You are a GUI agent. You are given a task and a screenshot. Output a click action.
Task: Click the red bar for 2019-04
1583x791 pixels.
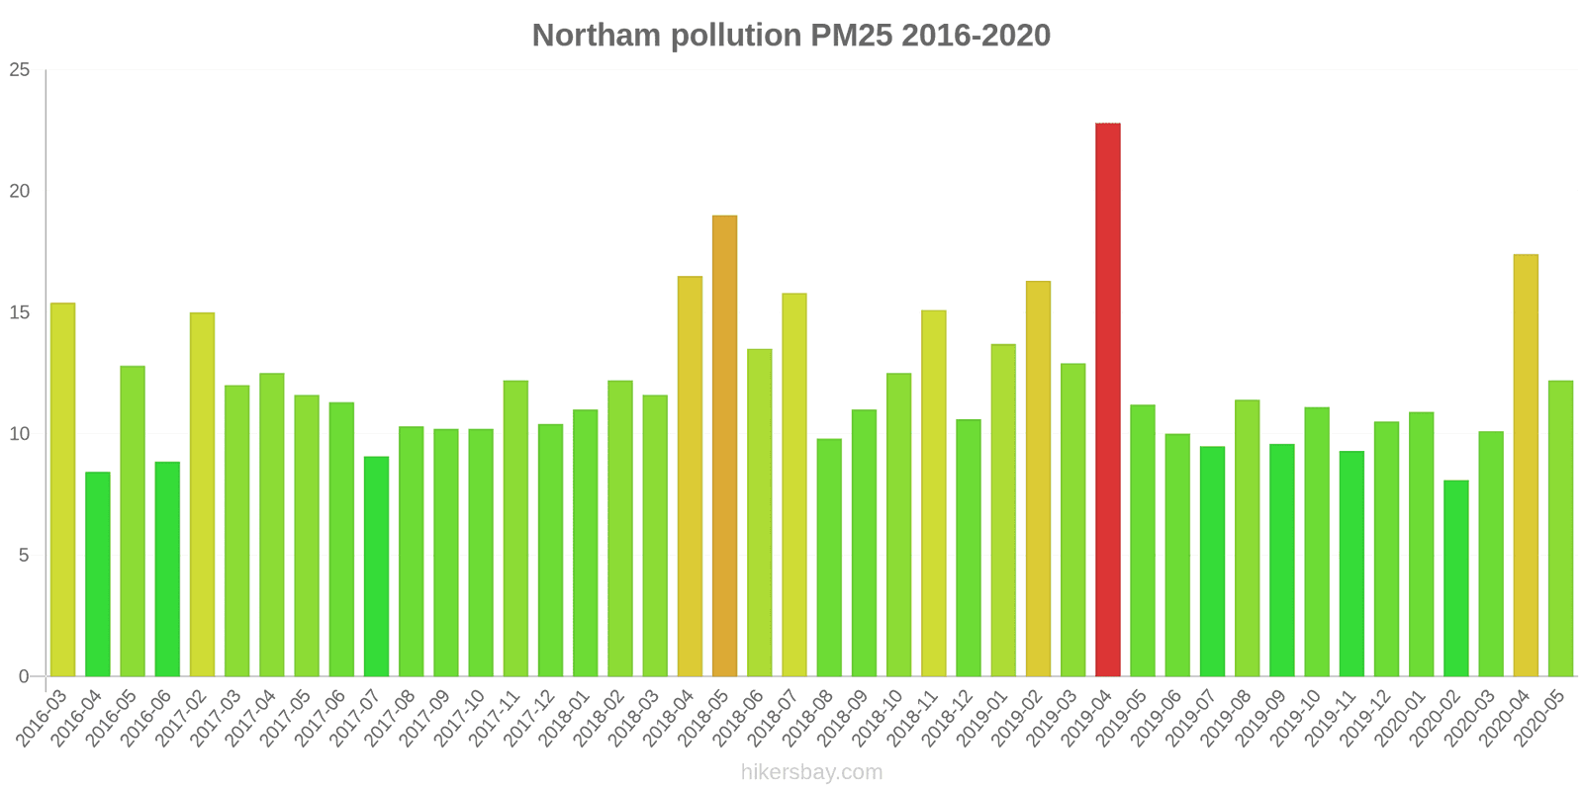tap(1108, 399)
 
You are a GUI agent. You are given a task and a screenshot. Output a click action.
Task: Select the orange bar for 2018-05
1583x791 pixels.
tap(724, 446)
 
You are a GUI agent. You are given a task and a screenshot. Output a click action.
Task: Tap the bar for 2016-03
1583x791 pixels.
tap(62, 489)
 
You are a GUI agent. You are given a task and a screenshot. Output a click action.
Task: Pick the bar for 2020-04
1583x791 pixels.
tap(1526, 465)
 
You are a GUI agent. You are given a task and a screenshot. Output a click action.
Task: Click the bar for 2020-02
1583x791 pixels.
tap(1456, 578)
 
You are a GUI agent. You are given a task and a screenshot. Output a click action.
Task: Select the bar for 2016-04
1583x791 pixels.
tap(98, 574)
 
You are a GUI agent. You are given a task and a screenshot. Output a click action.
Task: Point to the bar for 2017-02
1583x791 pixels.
tap(202, 494)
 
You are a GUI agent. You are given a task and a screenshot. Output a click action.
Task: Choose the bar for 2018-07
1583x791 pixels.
tap(794, 484)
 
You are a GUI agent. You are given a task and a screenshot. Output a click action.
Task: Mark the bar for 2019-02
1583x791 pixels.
tap(1038, 479)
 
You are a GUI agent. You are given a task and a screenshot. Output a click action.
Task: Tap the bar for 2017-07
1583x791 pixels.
tap(376, 567)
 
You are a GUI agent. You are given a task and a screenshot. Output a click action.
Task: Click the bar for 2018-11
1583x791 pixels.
tap(933, 493)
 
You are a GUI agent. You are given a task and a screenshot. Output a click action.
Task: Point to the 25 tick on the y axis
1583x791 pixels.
tap(20, 70)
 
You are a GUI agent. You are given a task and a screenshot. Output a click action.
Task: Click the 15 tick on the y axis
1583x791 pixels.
tap(20, 312)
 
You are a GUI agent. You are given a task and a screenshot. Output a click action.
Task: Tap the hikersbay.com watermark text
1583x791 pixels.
tap(811, 772)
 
